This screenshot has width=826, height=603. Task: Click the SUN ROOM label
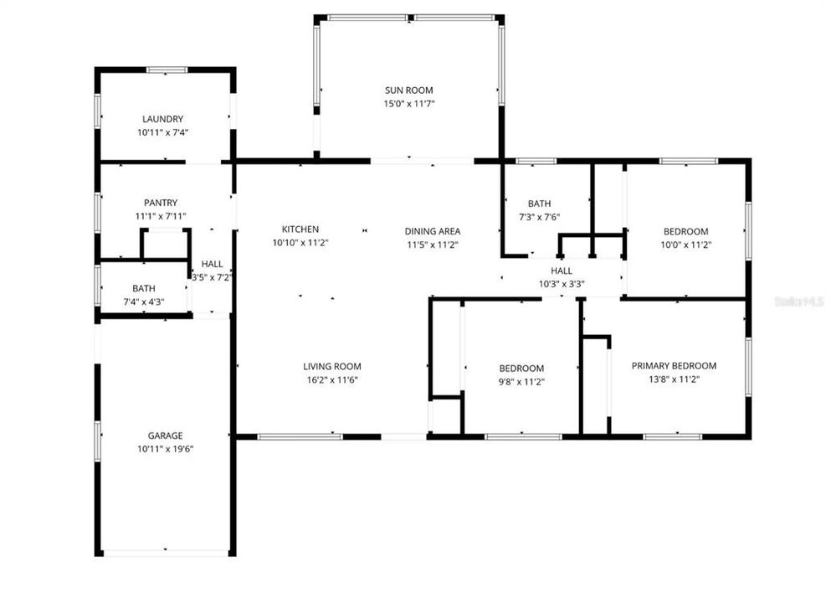pyautogui.click(x=408, y=90)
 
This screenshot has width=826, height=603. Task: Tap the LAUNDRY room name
pyautogui.click(x=163, y=119)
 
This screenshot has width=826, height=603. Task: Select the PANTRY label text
pyautogui.click(x=161, y=203)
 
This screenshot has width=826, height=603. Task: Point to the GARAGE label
pyautogui.click(x=166, y=435)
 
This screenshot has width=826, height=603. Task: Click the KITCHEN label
pyautogui.click(x=300, y=229)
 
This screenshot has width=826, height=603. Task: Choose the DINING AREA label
pyautogui.click(x=433, y=231)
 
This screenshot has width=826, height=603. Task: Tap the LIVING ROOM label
pyautogui.click(x=332, y=366)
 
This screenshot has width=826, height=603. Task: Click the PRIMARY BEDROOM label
pyautogui.click(x=674, y=365)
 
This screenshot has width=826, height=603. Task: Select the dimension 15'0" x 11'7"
pyautogui.click(x=408, y=104)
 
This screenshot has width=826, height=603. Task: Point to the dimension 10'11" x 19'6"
pyautogui.click(x=166, y=449)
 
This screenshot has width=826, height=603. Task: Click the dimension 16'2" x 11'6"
pyautogui.click(x=332, y=380)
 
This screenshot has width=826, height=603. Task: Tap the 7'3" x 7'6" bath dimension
pyautogui.click(x=540, y=217)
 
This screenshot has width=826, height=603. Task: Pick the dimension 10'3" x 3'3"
pyautogui.click(x=562, y=284)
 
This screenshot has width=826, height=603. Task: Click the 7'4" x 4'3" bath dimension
pyautogui.click(x=144, y=302)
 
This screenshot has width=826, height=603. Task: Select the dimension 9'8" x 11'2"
pyautogui.click(x=521, y=382)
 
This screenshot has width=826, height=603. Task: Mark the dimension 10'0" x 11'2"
pyautogui.click(x=686, y=245)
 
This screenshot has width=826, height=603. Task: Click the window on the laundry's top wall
pyautogui.click(x=167, y=70)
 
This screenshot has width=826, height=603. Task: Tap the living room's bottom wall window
pyautogui.click(x=300, y=436)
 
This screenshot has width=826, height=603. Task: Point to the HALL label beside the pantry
pyautogui.click(x=212, y=264)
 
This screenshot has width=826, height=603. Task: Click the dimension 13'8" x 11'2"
pyautogui.click(x=674, y=379)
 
